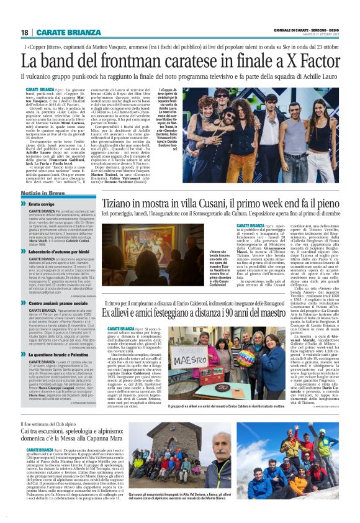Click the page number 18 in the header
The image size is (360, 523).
25,32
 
